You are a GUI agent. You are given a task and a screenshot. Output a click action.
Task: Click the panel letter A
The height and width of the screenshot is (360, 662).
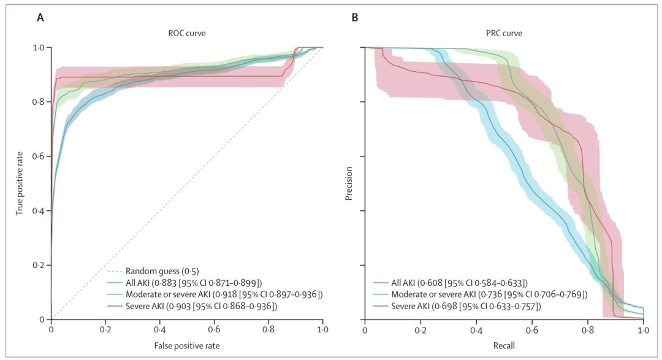tap(40, 17)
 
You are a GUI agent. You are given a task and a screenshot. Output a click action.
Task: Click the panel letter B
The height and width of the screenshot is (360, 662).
tap(354, 17)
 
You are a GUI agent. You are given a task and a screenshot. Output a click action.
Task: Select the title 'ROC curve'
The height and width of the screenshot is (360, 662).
tap(187, 33)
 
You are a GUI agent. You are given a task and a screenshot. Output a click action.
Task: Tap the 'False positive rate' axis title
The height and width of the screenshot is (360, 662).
tap(187, 346)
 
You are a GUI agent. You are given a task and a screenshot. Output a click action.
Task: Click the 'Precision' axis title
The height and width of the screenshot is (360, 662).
tap(349, 183)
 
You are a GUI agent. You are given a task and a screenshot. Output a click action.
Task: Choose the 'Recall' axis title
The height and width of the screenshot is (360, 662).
tap(504, 346)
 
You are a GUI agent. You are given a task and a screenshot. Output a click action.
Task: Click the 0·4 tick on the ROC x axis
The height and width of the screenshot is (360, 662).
tap(160, 329)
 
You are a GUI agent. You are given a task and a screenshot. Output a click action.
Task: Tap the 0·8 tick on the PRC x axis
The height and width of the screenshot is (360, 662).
tap(587, 329)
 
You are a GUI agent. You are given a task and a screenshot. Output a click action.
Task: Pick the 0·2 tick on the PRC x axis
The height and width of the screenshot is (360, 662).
tap(420, 329)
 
